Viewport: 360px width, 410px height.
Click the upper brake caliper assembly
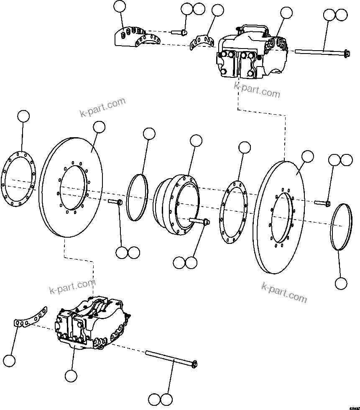pos(251,54)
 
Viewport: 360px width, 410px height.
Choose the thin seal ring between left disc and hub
pos(138,197)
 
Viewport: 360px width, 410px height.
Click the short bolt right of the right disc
pos(322,203)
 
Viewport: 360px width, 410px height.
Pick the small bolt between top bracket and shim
pos(179,32)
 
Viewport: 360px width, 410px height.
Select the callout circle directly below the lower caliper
pos(71,375)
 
